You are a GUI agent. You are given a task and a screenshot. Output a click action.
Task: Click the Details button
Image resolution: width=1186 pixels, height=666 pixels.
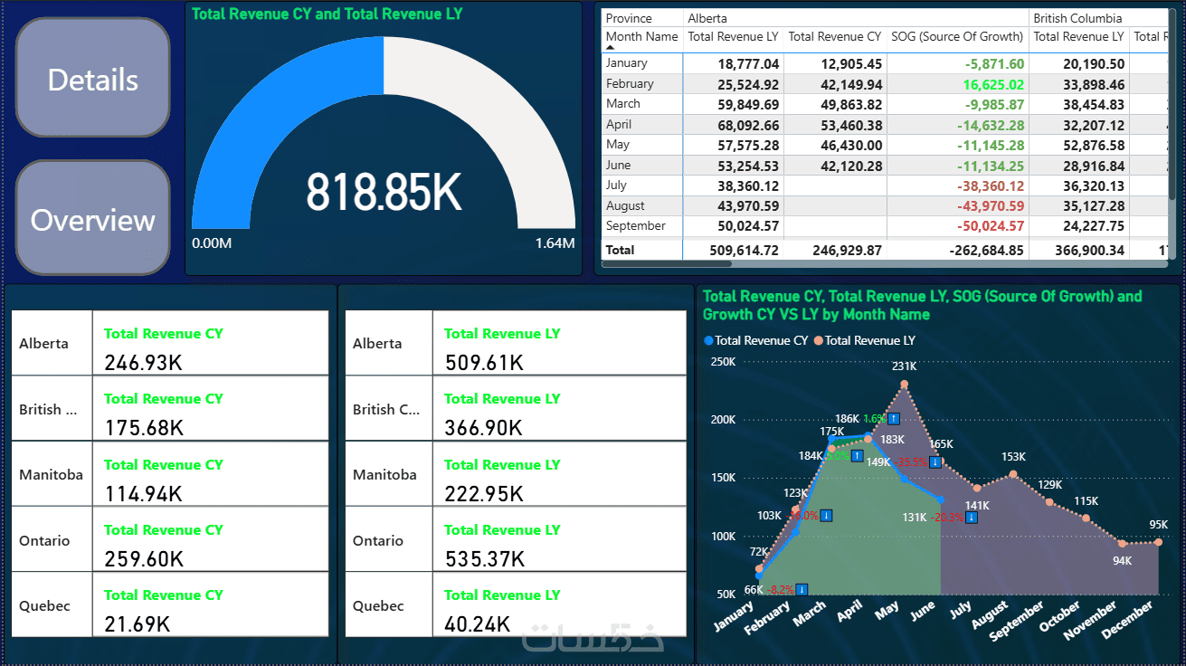click(x=93, y=80)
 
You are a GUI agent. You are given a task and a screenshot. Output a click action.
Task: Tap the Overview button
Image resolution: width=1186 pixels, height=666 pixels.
click(x=93, y=220)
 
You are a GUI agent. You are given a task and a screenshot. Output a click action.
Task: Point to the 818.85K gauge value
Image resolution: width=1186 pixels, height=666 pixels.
click(x=384, y=192)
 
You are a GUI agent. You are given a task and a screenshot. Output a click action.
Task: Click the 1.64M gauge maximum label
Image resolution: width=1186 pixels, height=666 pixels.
click(x=555, y=243)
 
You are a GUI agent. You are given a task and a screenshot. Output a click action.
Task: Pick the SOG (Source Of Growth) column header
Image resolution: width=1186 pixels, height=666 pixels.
click(x=956, y=37)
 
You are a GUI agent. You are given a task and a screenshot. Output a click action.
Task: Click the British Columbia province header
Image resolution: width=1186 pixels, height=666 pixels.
click(x=1077, y=18)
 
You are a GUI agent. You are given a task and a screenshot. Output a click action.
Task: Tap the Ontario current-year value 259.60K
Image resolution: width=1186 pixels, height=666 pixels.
click(x=145, y=558)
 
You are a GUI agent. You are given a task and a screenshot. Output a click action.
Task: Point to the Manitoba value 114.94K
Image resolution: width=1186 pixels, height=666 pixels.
click(x=143, y=493)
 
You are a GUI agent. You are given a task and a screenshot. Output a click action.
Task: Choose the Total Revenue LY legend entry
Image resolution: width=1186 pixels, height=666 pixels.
click(x=869, y=340)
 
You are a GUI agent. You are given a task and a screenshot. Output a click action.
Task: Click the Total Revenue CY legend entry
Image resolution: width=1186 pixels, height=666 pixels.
click(x=761, y=340)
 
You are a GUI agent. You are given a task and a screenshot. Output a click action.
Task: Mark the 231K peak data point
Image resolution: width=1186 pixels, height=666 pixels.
click(x=904, y=385)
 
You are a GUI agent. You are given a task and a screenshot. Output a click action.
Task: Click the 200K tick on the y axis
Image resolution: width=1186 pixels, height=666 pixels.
click(x=722, y=420)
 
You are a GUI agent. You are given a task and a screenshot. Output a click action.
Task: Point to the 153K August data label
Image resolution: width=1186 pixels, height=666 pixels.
click(x=1013, y=457)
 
